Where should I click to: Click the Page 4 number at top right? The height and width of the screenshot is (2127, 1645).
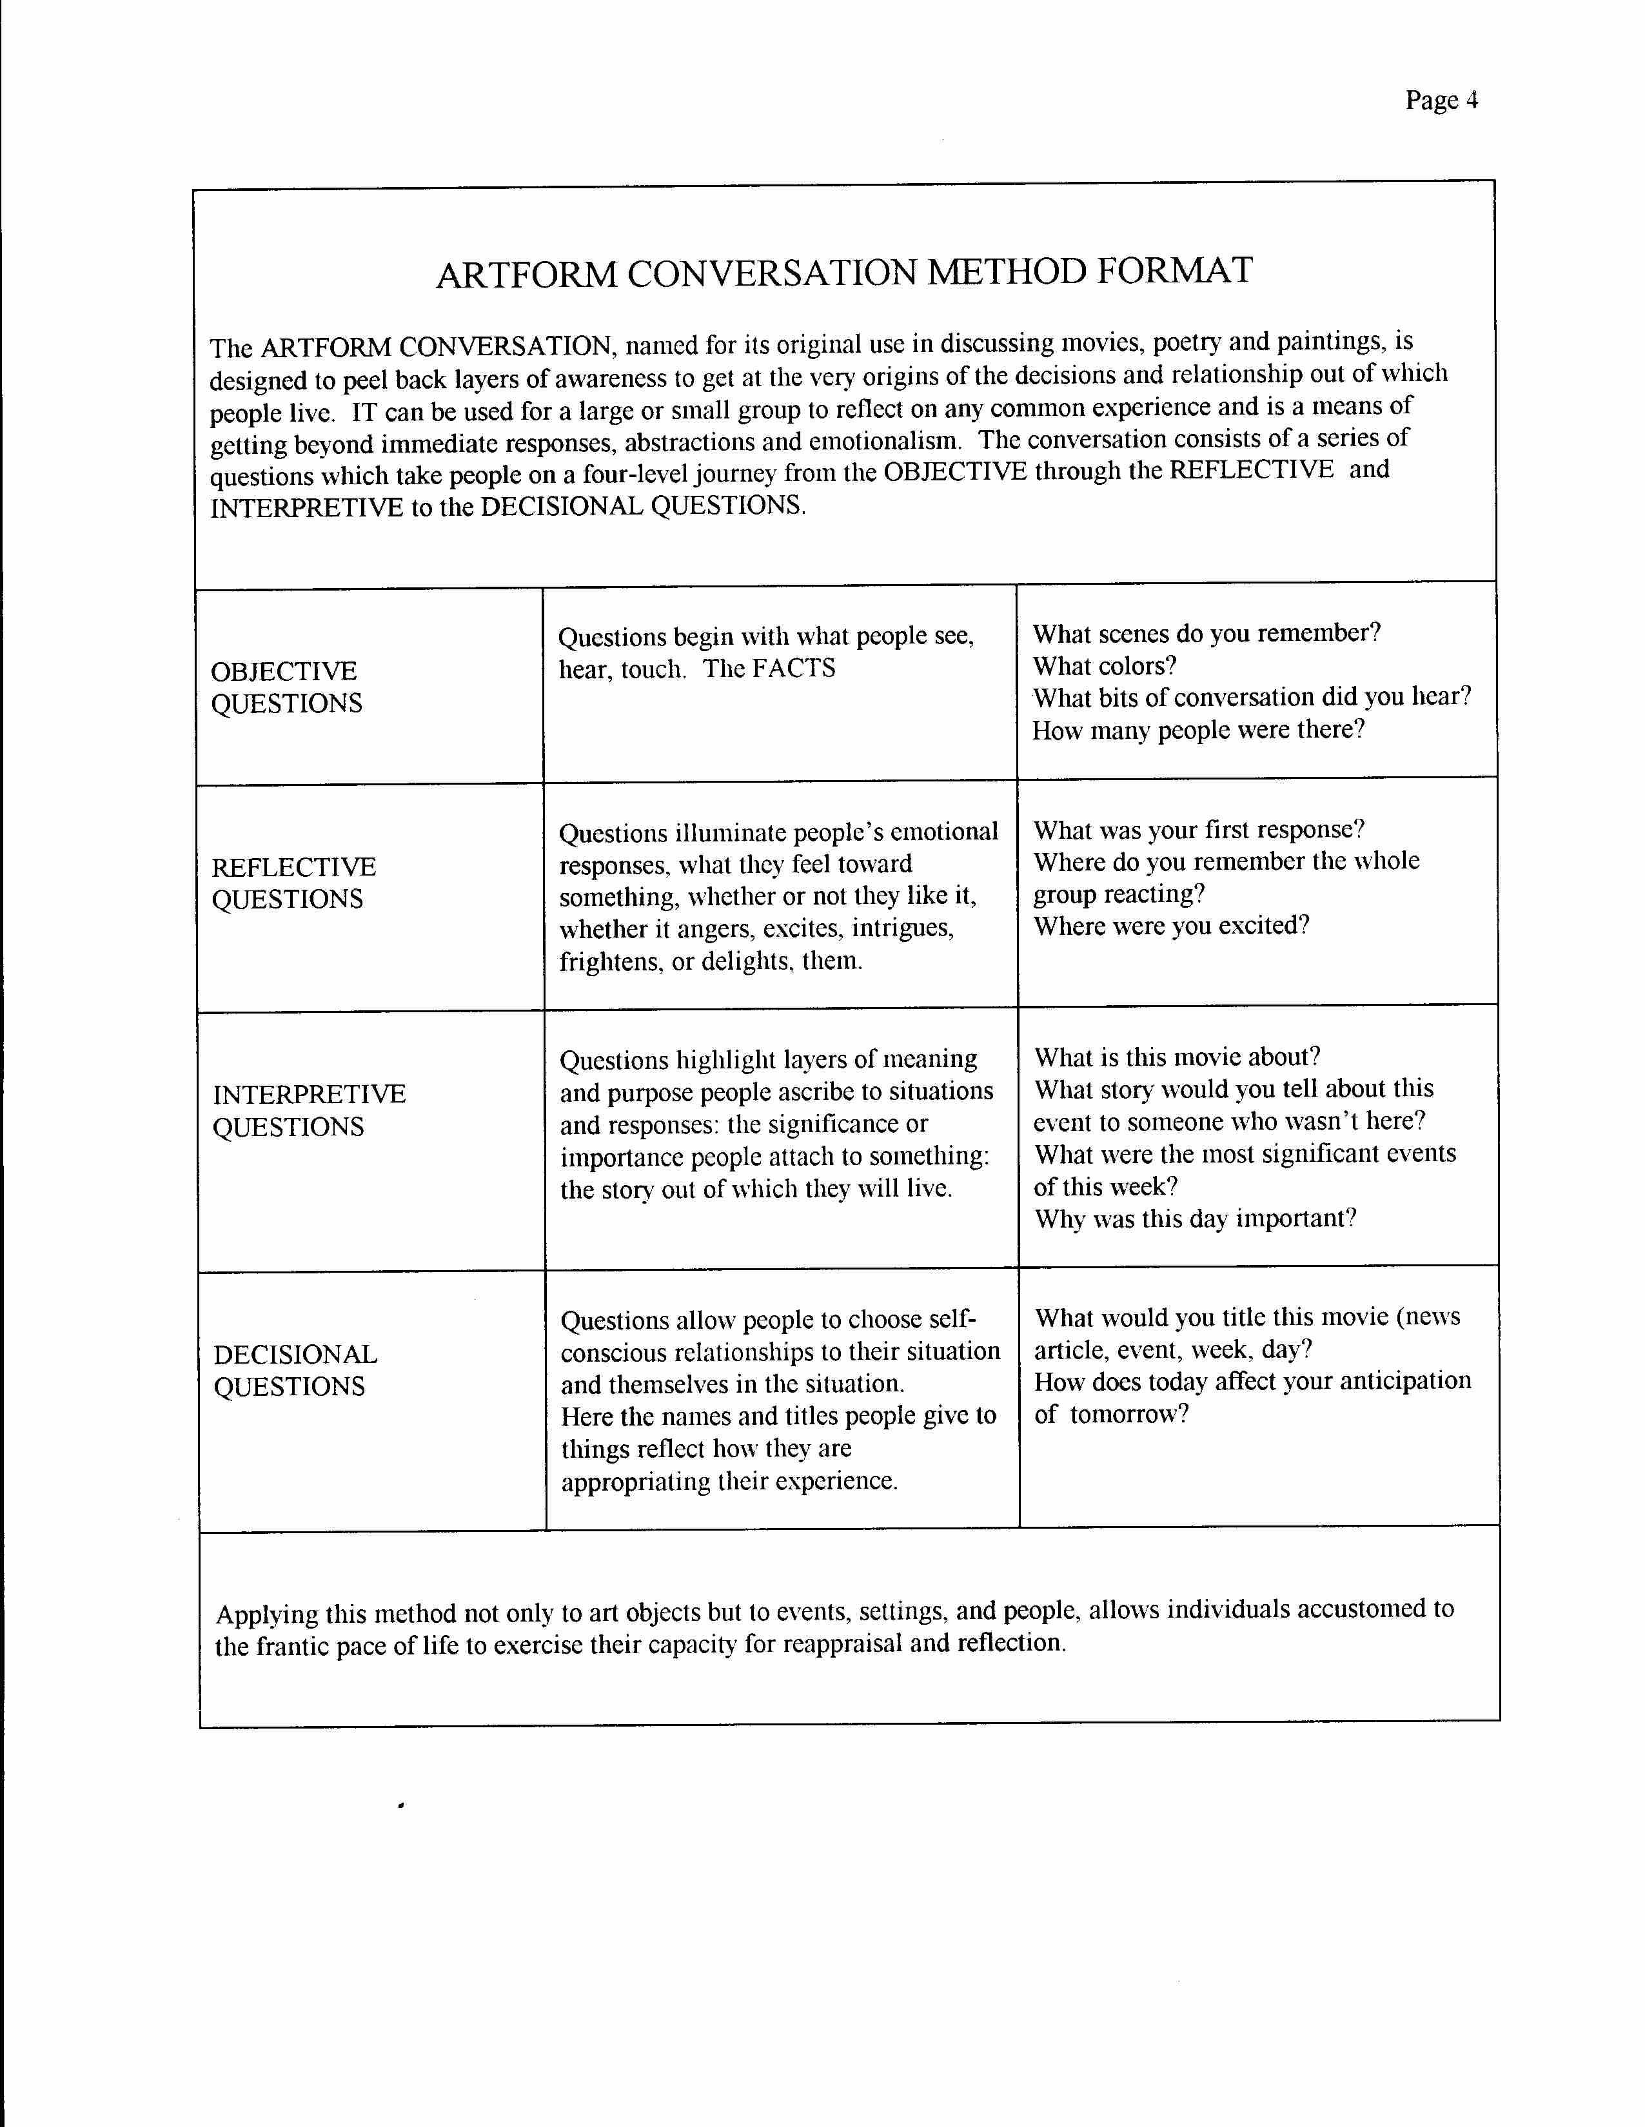click(1441, 101)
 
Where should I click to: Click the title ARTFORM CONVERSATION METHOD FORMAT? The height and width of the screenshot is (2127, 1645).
click(843, 273)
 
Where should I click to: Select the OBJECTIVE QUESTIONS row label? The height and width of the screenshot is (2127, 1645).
click(286, 687)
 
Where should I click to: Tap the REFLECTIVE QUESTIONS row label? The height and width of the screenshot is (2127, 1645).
click(293, 883)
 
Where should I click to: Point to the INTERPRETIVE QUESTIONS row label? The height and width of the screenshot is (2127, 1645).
click(309, 1110)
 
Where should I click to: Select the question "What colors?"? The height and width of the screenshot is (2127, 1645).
click(1105, 666)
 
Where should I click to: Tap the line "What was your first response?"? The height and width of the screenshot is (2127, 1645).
click(1199, 830)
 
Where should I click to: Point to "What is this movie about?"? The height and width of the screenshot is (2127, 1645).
click(1177, 1057)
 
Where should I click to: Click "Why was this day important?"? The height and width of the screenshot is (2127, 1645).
click(1195, 1219)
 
